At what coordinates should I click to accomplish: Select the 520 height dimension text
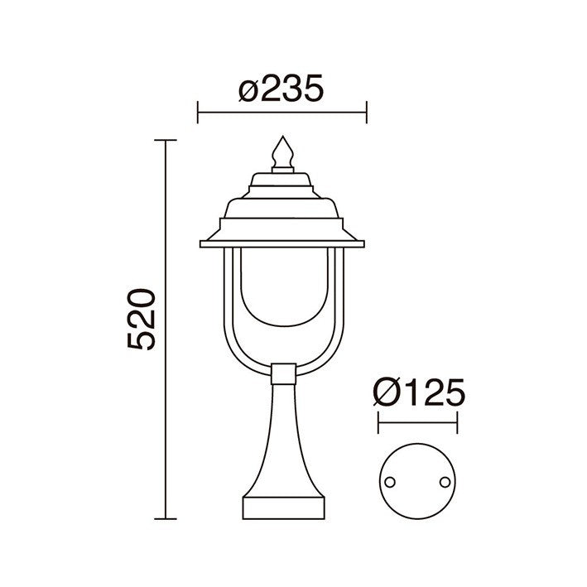142,320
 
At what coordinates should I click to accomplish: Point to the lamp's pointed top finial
282,152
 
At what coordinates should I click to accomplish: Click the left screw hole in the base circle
389,481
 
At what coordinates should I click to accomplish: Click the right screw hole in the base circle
445,481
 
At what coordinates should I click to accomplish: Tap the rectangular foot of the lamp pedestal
282,506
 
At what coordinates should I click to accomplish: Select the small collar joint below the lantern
282,374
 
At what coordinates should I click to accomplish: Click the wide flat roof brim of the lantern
282,243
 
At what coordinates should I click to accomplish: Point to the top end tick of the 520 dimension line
166,141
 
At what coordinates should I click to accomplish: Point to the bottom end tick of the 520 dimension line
166,518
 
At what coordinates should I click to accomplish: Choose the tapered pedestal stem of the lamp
282,439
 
